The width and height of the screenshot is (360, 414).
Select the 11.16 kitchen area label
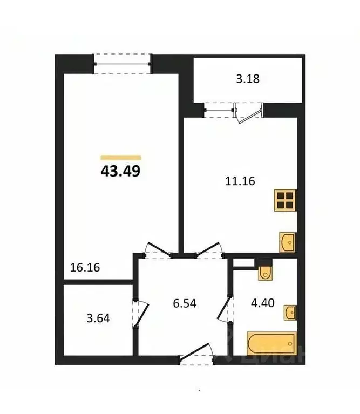click(x=240, y=182)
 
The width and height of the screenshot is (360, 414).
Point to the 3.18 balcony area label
click(x=248, y=79)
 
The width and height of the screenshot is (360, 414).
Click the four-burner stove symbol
click(x=286, y=200)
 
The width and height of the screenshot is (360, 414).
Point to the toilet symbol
click(x=265, y=273)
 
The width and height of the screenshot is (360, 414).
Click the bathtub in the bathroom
click(x=271, y=343)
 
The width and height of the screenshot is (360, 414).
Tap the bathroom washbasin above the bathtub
click(x=290, y=311)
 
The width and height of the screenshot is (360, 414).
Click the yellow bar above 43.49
click(x=121, y=158)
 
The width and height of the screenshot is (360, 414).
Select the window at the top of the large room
click(x=122, y=63)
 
